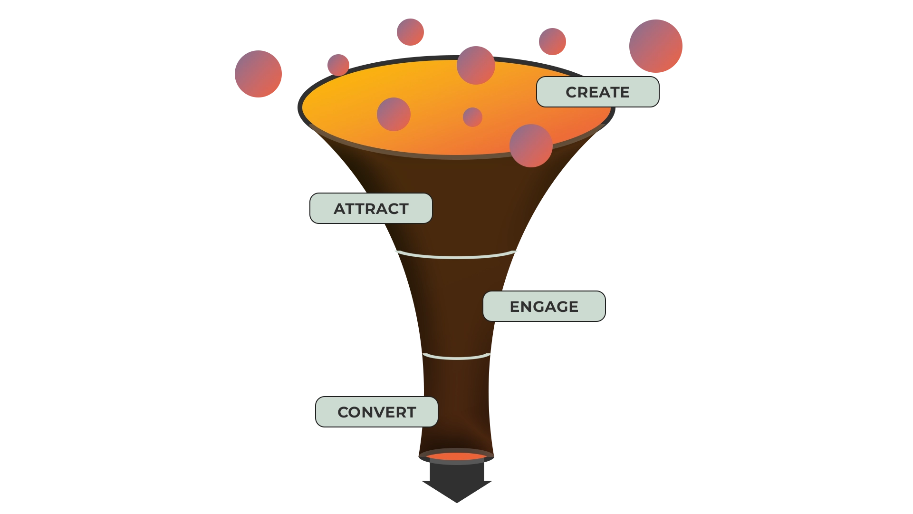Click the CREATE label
tap(597, 92)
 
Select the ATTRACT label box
tap(371, 208)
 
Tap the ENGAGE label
tap(544, 306)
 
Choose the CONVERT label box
tap(376, 412)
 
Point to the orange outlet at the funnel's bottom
tap(456, 457)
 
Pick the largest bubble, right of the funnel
tap(655, 46)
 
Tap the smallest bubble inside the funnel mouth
tap(472, 117)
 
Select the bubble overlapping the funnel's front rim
tap(531, 145)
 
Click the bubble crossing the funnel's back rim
tap(476, 65)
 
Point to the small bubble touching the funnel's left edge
tap(338, 64)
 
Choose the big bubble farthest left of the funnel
tap(258, 74)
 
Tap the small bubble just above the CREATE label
tap(552, 41)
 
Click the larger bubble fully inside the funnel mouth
tap(394, 114)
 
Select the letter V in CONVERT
tap(381, 412)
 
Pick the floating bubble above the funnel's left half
tap(410, 31)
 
